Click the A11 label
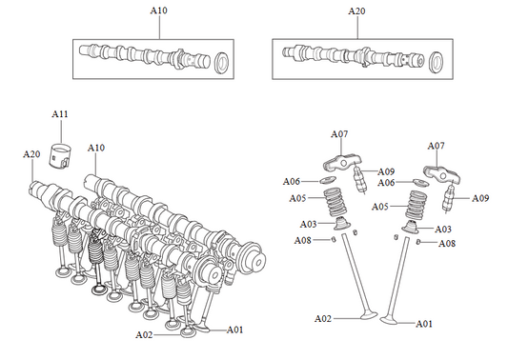pos(59,115)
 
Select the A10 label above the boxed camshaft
pos(159,10)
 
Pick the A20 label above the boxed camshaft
pos(356,10)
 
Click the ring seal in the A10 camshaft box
pos(222,63)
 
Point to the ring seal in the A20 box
pos(437,63)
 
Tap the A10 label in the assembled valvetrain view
pos(96,148)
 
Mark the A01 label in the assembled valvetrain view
pos(234,330)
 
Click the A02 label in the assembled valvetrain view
pos(145,335)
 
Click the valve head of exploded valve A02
pos(364,315)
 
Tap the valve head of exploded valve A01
pos(392,321)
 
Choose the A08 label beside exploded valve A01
pos(446,244)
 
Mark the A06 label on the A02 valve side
pos(292,181)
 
